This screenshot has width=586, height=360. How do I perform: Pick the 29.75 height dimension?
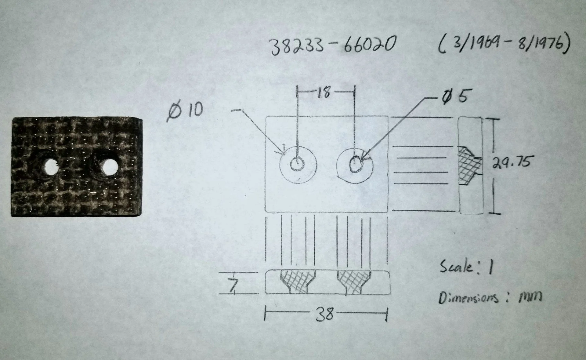(x=512, y=162)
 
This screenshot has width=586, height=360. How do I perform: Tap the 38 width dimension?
(x=325, y=314)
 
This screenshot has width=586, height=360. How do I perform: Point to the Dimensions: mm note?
(x=490, y=297)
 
